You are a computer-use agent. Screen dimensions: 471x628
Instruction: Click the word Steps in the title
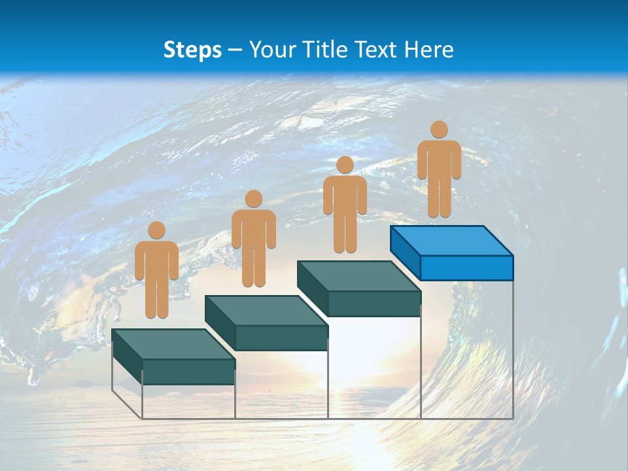click(192, 50)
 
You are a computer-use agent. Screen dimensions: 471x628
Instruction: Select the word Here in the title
click(430, 50)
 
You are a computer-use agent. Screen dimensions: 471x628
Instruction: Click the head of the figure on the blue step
click(439, 130)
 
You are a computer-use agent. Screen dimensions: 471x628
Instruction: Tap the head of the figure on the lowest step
click(156, 230)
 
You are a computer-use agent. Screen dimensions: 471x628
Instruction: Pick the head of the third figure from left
click(345, 165)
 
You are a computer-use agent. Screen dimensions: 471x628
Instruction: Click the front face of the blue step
click(466, 268)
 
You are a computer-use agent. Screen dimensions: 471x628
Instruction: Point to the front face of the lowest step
click(188, 372)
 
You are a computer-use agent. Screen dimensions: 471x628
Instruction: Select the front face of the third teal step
click(374, 304)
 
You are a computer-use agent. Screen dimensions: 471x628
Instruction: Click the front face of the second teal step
click(281, 338)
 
